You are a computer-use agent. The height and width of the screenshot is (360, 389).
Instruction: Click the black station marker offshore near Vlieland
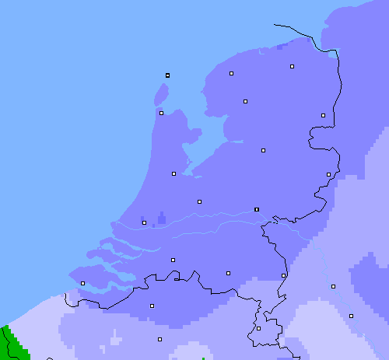click(167, 75)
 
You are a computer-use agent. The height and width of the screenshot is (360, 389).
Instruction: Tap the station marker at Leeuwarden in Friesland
click(231, 73)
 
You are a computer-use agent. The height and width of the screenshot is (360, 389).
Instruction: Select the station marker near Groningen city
click(292, 67)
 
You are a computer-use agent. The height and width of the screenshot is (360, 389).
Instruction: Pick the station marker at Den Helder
click(161, 113)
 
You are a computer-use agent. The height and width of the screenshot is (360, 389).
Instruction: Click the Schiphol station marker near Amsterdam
click(173, 173)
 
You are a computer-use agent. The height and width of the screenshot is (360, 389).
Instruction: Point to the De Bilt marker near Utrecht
click(199, 201)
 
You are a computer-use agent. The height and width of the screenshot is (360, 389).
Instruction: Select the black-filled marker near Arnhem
click(257, 209)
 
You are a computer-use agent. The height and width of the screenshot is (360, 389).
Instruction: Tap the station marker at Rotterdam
click(144, 222)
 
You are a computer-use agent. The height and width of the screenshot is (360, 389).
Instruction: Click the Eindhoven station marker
click(228, 273)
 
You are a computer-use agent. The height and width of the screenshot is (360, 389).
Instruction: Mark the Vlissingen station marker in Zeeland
click(82, 283)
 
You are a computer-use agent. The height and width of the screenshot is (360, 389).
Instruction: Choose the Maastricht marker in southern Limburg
click(258, 328)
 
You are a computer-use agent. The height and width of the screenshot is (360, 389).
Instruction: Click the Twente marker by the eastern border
click(328, 174)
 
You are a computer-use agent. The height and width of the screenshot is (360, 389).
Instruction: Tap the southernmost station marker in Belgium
click(159, 339)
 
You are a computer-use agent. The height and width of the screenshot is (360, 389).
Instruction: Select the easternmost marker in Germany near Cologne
click(351, 316)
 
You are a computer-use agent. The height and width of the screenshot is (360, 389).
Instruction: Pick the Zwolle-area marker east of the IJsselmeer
click(263, 150)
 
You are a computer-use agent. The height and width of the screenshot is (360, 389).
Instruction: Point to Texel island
click(161, 95)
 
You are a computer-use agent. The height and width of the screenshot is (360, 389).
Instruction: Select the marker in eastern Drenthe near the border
click(323, 115)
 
